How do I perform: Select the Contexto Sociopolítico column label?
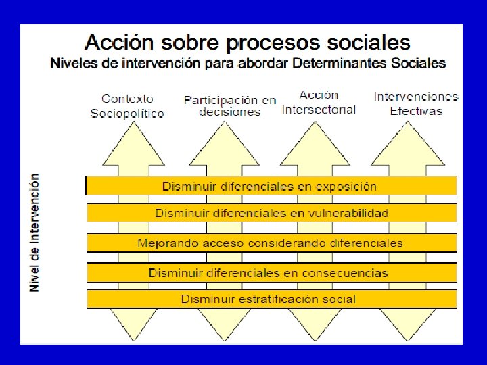tap(127, 106)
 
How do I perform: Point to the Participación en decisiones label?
tap(230, 106)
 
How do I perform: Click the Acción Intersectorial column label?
tap(319, 102)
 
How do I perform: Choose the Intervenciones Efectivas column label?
tap(416, 103)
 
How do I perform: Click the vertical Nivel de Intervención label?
tap(34, 233)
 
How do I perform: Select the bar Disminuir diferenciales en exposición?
tap(271, 186)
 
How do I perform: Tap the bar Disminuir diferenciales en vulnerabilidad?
tap(272, 213)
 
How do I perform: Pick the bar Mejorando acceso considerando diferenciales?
tap(272, 243)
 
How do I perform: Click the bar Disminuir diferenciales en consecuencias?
tap(272, 272)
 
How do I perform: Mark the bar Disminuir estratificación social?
tap(272, 299)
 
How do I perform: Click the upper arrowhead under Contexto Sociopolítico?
tap(133, 146)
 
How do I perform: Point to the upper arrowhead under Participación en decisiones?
tap(225, 146)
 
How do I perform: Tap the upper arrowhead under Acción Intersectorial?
tap(315, 146)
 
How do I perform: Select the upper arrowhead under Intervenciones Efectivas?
tap(407, 146)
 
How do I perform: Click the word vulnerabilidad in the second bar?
tap(348, 213)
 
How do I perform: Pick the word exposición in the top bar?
tap(346, 187)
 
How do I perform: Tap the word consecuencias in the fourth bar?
tap(345, 273)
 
